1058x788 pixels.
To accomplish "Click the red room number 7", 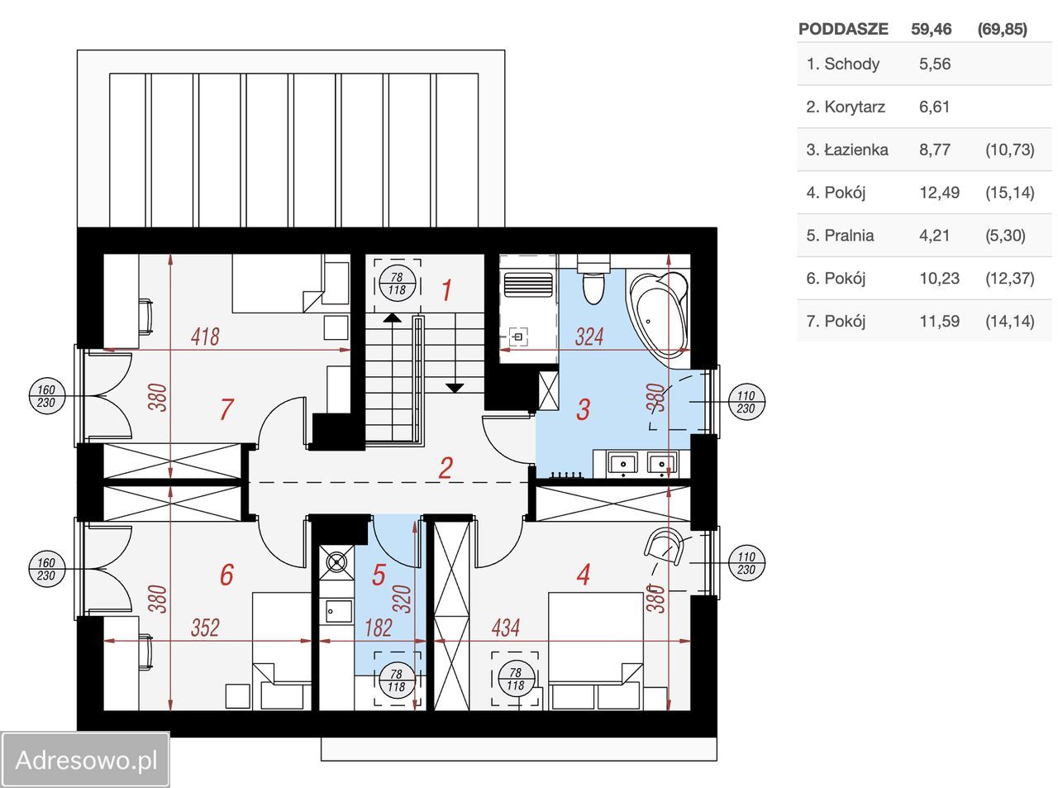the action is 226,409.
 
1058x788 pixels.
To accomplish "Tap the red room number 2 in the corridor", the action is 446,468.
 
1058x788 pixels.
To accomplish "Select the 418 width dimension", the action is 205,337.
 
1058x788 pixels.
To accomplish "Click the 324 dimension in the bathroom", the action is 589,337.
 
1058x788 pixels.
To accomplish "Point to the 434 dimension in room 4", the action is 506,628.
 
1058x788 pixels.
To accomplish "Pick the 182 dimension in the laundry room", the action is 379,628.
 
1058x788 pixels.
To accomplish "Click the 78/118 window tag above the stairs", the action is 397,284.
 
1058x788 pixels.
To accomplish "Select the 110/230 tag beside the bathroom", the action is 746,402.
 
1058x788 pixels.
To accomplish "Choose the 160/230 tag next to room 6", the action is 46,569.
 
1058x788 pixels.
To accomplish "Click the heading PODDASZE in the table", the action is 843,29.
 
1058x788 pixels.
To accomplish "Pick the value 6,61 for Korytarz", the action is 934,107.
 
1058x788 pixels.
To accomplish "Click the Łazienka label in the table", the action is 847,150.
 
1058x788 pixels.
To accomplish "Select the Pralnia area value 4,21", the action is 934,236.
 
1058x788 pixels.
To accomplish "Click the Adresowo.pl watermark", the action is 86,760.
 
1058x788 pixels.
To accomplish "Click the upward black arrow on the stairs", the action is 392,318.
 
